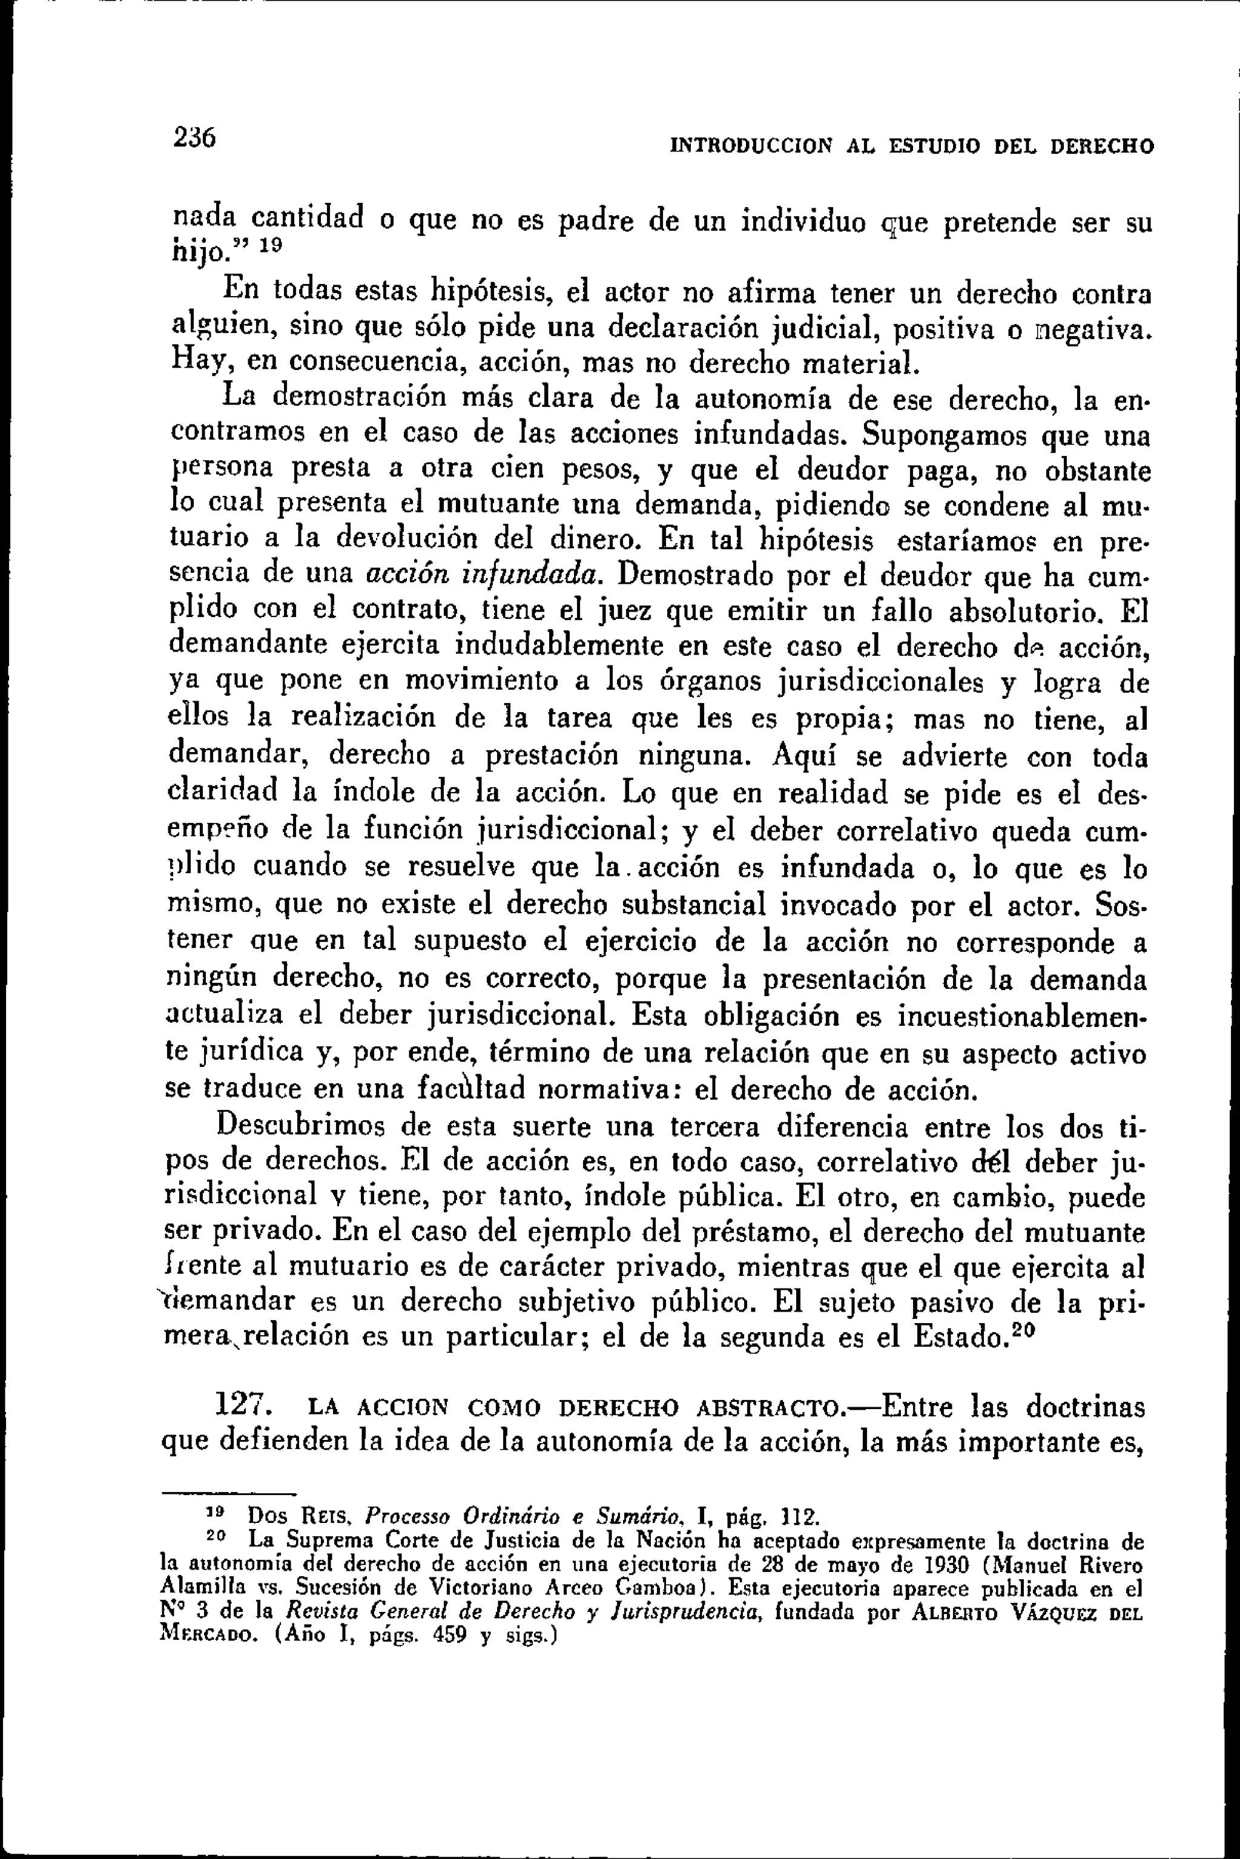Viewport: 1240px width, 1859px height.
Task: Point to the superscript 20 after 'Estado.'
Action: tap(1023, 1329)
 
